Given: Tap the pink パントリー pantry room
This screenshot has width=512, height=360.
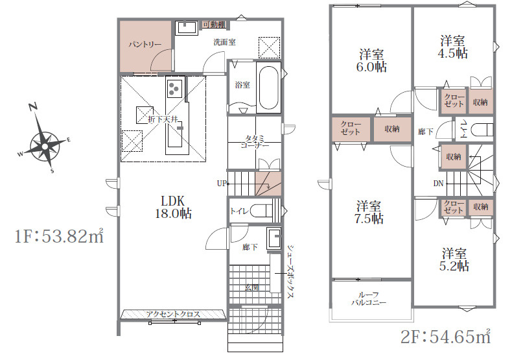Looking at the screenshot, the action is coord(146,46).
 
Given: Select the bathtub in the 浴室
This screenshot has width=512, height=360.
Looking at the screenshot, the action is coord(269,88).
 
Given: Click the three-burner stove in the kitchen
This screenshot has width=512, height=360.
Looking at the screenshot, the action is coord(173,88).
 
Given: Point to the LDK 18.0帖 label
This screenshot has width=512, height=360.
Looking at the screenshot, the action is coord(173,207).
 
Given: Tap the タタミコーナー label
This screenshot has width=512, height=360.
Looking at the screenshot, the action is coord(255,142).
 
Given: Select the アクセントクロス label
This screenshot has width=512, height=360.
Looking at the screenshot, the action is coord(173,314).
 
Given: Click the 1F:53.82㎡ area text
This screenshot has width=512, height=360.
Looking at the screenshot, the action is coord(59,235).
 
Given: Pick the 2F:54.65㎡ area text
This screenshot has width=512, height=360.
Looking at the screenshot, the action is coord(445,337).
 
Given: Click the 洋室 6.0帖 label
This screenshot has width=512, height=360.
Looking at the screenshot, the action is coord(371,60).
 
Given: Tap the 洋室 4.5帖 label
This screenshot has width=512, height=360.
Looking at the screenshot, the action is coord(452,47).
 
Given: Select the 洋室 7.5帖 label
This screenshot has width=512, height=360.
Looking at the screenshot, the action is coord(369,212).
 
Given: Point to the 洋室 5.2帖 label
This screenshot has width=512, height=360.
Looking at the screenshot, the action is coord(454,260).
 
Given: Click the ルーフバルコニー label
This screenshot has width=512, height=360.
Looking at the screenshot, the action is coord(369,298).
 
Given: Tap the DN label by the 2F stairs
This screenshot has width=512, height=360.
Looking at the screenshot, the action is coord(438,184).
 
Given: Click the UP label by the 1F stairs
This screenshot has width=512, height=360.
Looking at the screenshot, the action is coord(222,184).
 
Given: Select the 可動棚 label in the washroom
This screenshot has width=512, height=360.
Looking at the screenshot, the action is coord(214,25).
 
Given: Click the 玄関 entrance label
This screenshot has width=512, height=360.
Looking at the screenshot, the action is coord(252,288).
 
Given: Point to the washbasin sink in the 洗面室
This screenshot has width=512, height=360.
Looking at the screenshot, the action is coord(187,28).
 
